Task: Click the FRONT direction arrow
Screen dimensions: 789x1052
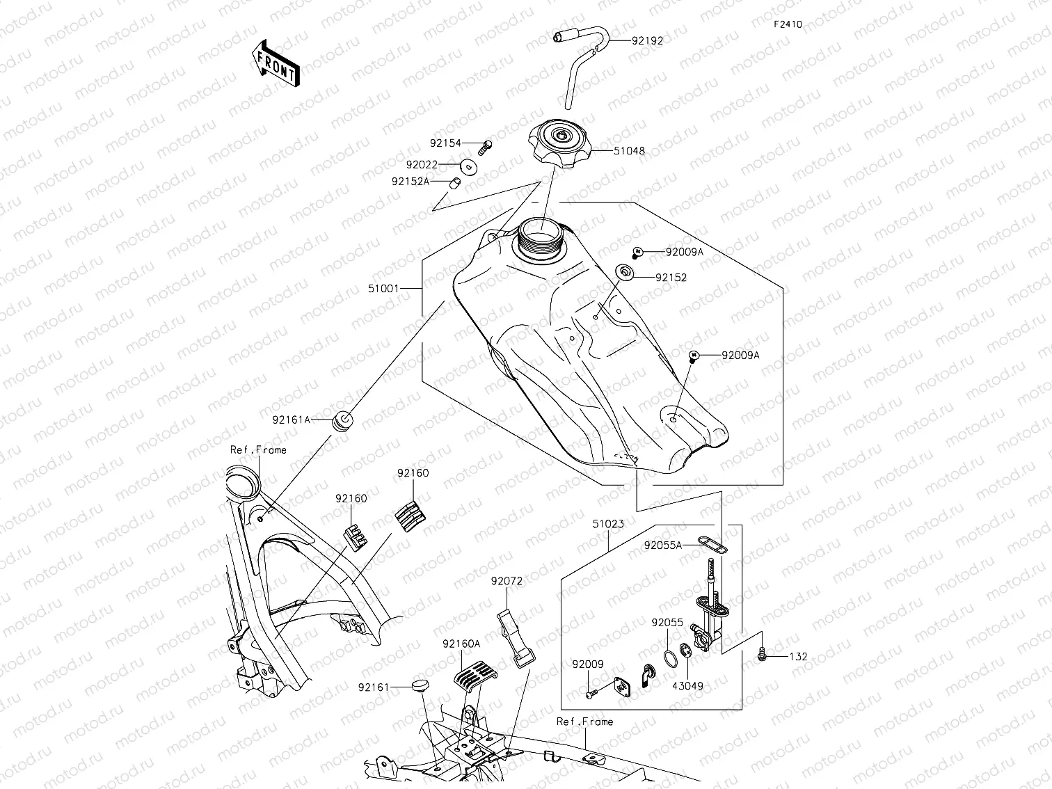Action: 276,63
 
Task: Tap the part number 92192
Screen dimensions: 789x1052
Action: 647,40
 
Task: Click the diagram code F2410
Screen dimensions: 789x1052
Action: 788,24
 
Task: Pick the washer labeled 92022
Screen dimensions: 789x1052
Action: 469,166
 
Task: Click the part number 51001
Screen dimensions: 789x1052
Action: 384,287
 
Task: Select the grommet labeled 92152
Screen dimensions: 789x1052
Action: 625,272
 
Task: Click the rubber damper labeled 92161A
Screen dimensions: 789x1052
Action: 343,420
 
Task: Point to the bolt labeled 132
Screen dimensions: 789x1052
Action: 763,654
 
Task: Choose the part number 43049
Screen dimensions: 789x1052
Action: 687,686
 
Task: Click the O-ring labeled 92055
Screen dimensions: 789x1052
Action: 671,657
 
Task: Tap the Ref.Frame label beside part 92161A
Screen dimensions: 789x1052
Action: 258,450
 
